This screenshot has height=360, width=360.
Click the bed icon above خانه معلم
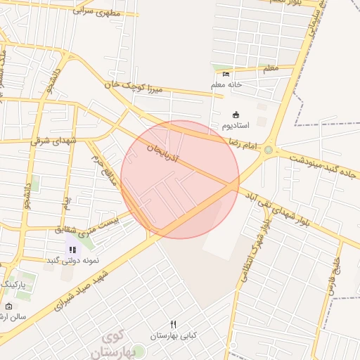[226, 74]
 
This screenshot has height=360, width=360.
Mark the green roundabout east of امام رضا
[268, 150]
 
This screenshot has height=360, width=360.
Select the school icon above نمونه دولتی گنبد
[72, 249]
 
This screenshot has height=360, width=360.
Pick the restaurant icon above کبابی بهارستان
[174, 324]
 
